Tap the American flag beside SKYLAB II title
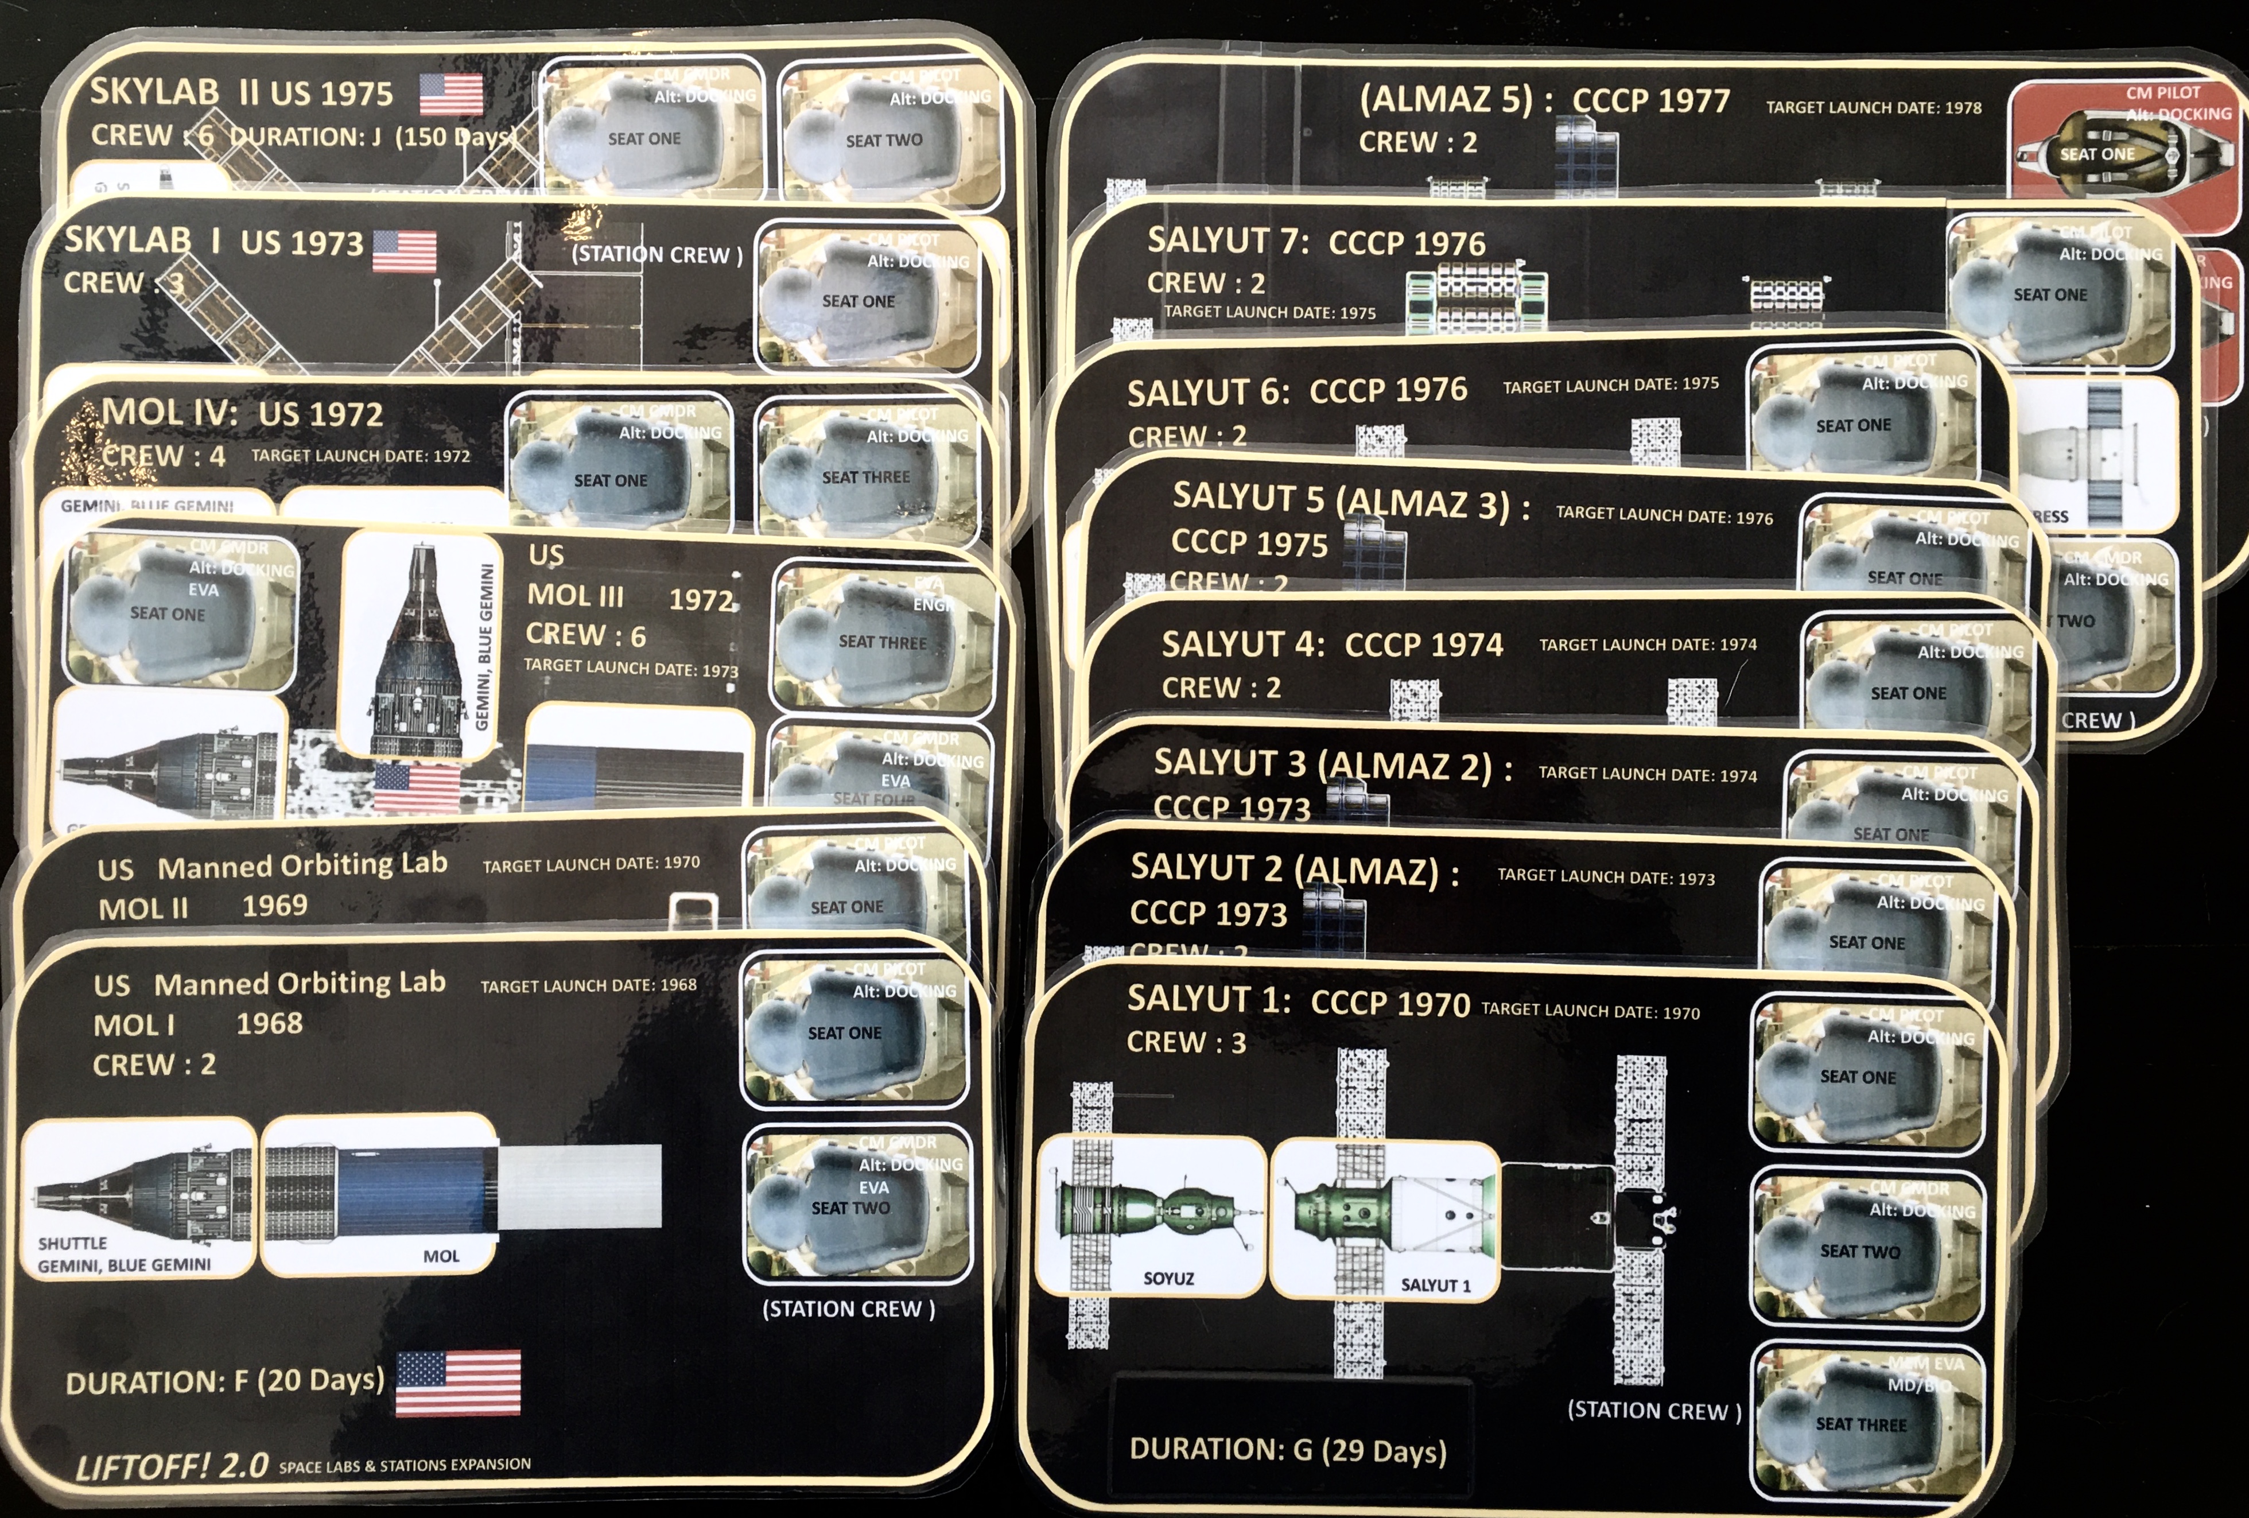(x=451, y=95)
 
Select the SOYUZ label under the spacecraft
(x=1168, y=1278)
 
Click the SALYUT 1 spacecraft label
(x=1435, y=1285)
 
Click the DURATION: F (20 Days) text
(x=224, y=1381)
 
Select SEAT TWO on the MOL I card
(x=850, y=1208)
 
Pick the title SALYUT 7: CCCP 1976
(x=1316, y=242)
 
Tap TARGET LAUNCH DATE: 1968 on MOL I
(x=588, y=985)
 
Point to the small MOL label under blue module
(x=441, y=1256)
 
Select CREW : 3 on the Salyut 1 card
(x=1186, y=1042)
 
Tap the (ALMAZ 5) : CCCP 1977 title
(x=1544, y=100)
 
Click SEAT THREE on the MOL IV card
(x=865, y=477)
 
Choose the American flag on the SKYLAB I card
(x=405, y=251)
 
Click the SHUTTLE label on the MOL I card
(x=72, y=1243)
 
